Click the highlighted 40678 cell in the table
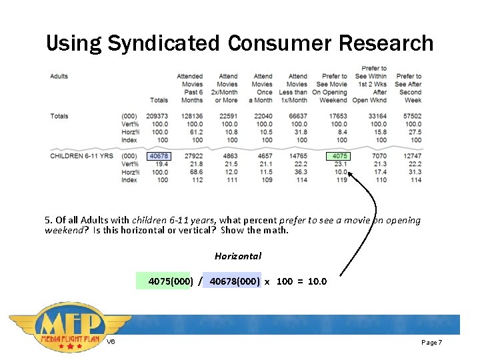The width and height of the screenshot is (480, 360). tap(159, 156)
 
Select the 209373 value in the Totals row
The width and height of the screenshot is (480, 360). tap(157, 116)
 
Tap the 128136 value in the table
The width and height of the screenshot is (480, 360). tap(191, 116)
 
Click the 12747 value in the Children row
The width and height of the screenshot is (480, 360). tap(412, 156)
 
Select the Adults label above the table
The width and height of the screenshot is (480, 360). tap(59, 77)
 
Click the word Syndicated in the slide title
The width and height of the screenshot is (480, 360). tap(163, 44)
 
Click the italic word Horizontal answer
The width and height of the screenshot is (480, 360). tap(238, 256)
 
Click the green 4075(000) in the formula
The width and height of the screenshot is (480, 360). tap(171, 281)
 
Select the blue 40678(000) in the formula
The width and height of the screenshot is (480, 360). tap(235, 281)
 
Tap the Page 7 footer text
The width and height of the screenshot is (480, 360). tap(431, 342)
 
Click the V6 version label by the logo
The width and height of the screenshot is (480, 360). tap(111, 342)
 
